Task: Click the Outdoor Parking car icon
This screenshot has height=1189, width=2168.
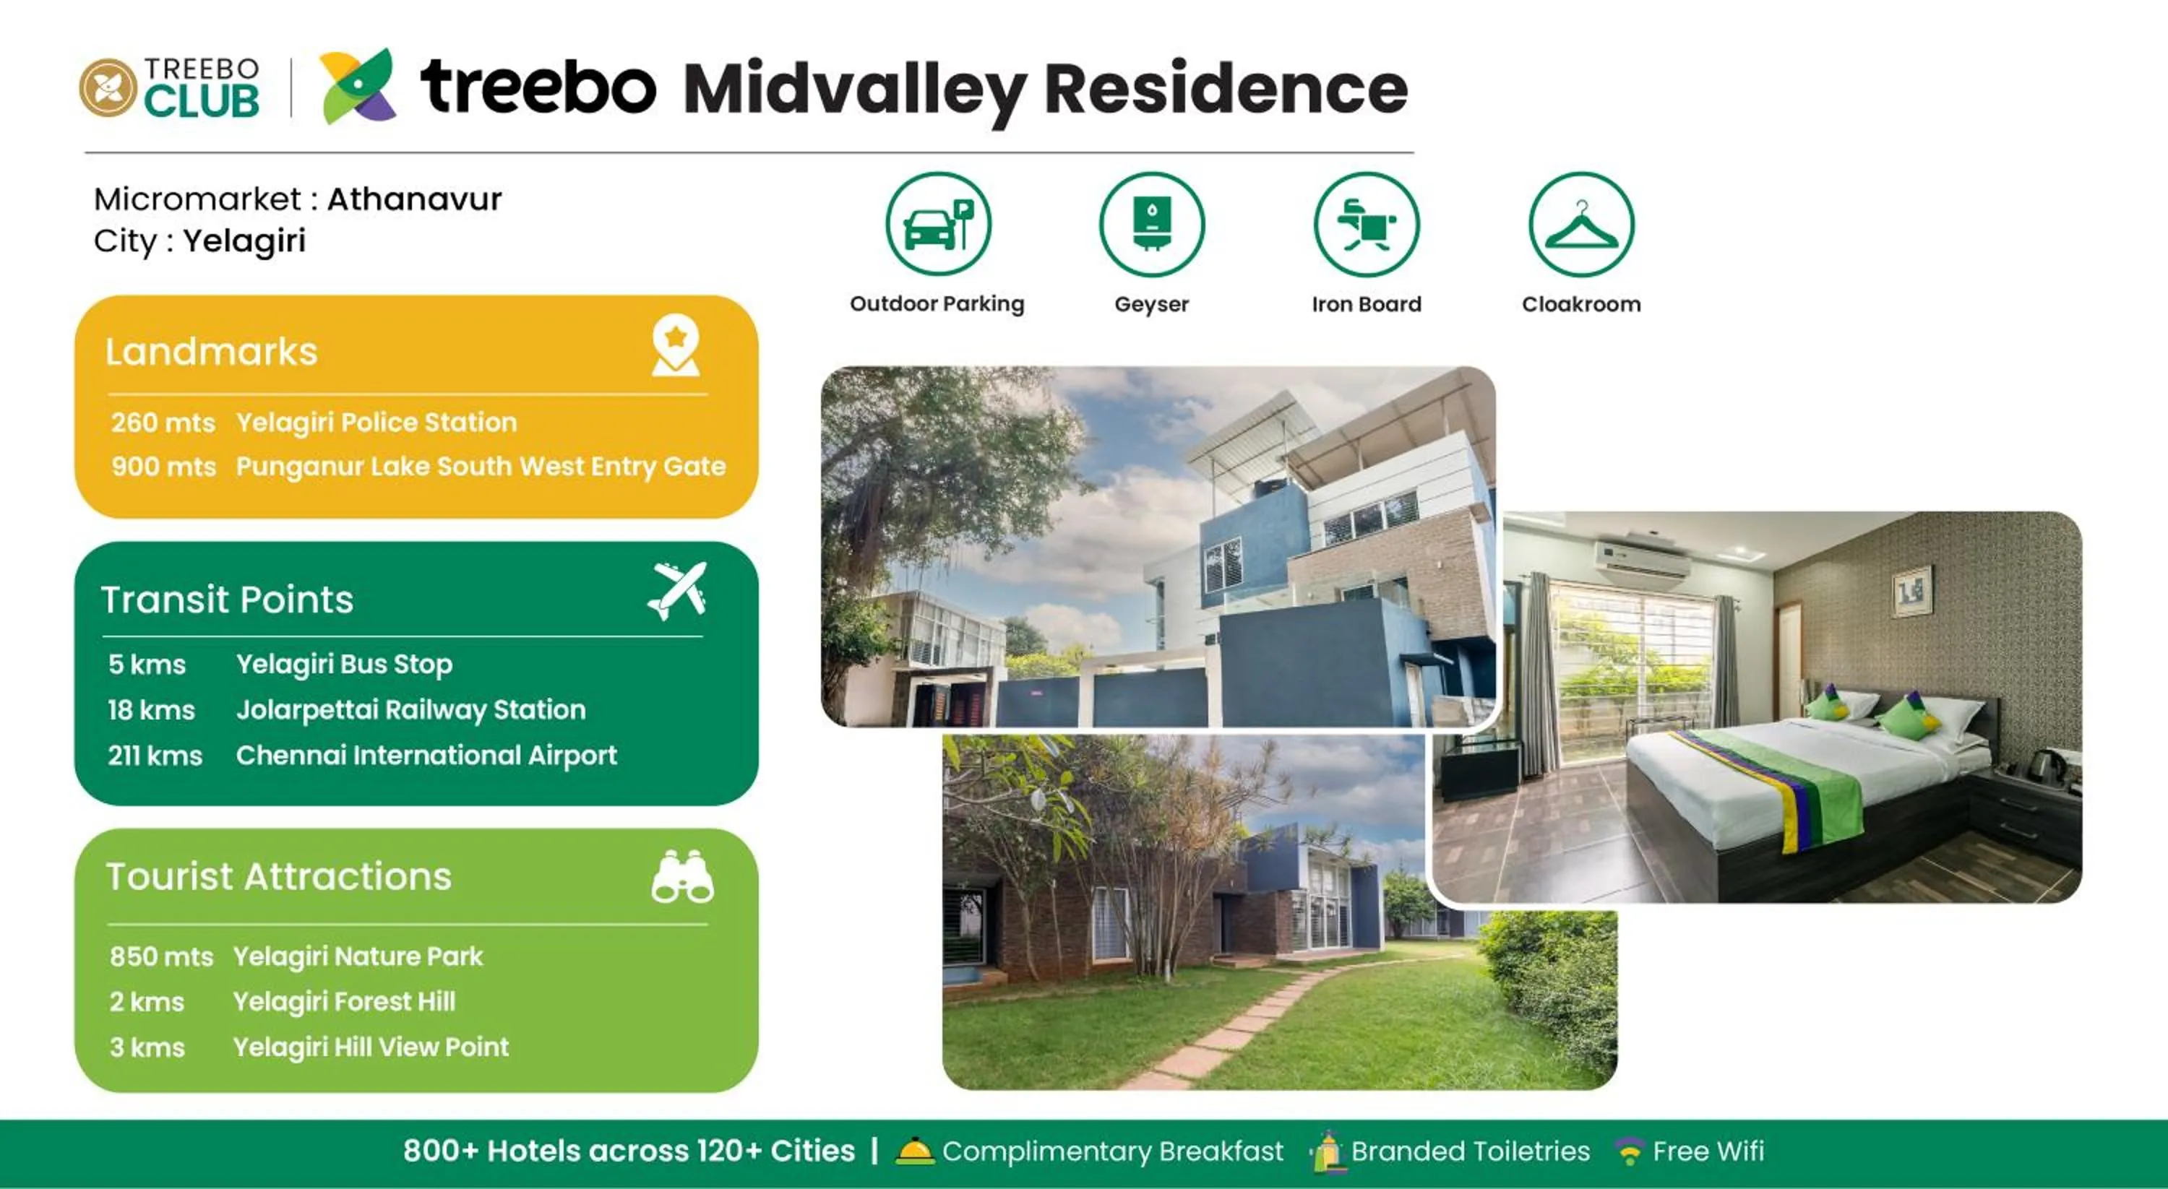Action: (937, 224)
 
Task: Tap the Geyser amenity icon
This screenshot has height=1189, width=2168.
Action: (1151, 224)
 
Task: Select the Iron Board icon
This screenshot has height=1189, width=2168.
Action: (1366, 224)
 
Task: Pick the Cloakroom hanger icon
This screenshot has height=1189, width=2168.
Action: (1580, 224)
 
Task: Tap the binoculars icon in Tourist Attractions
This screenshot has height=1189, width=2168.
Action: (681, 877)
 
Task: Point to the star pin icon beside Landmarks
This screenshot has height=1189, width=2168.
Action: (676, 344)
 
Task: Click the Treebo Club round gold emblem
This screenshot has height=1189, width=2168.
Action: (108, 87)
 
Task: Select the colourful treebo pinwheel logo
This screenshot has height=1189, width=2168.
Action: (358, 86)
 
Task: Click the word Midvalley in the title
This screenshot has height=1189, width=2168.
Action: (854, 89)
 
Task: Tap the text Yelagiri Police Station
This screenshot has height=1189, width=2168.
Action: (377, 422)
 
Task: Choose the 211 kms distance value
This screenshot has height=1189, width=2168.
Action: (155, 756)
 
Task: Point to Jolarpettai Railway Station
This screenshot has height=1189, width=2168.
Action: (410, 709)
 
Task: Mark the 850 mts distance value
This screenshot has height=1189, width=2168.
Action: (160, 956)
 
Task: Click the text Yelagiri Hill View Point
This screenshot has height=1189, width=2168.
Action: (371, 1047)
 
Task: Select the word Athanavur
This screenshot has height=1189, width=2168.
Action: (414, 199)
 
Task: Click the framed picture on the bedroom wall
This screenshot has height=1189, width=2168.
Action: (1911, 592)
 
